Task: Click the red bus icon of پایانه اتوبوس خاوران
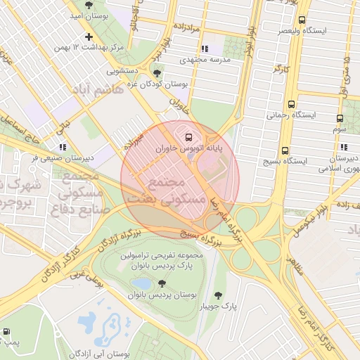[187, 136]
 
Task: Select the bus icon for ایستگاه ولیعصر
[302, 20]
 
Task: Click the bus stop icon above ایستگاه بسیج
[285, 150]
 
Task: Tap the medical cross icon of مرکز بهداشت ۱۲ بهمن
[88, 37]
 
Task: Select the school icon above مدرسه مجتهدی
[205, 49]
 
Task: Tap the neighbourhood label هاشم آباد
[97, 90]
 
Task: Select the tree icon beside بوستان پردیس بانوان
[162, 283]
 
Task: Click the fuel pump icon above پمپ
[7, 330]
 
